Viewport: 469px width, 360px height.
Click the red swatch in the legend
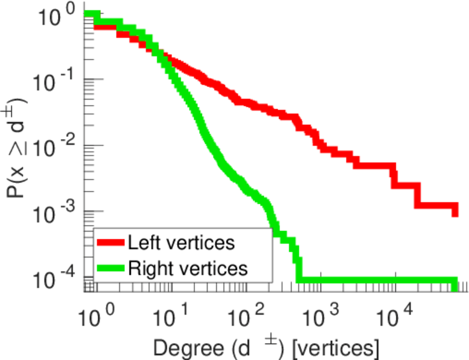point(111,242)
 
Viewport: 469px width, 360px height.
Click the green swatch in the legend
point(111,268)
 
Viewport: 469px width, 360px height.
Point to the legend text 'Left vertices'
point(181,242)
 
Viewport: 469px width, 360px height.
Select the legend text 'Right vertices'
point(187,268)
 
